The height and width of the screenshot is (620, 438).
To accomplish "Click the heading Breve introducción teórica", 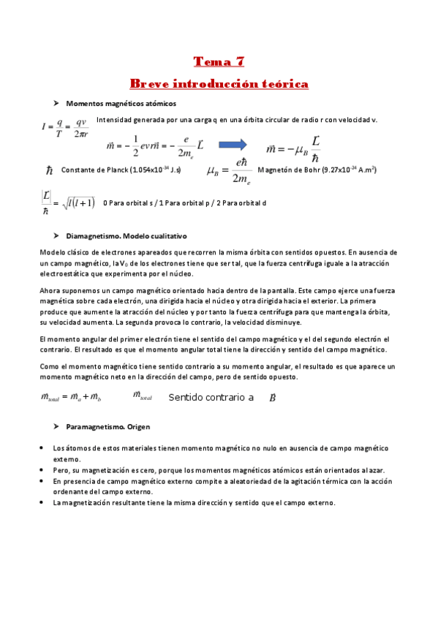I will point(219,84).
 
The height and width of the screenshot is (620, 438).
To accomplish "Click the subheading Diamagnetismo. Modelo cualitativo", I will point(127,237).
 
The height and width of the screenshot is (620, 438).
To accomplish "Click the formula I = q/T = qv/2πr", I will point(64,129).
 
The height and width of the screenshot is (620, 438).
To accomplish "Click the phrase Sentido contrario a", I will point(211,398).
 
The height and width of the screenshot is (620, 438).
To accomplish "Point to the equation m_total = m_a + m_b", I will point(72,398).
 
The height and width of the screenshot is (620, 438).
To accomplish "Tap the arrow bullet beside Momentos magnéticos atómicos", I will point(56,104).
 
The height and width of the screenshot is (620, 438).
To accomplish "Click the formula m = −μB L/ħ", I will point(294,148).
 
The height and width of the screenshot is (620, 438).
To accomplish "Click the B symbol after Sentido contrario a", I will point(272,398).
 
